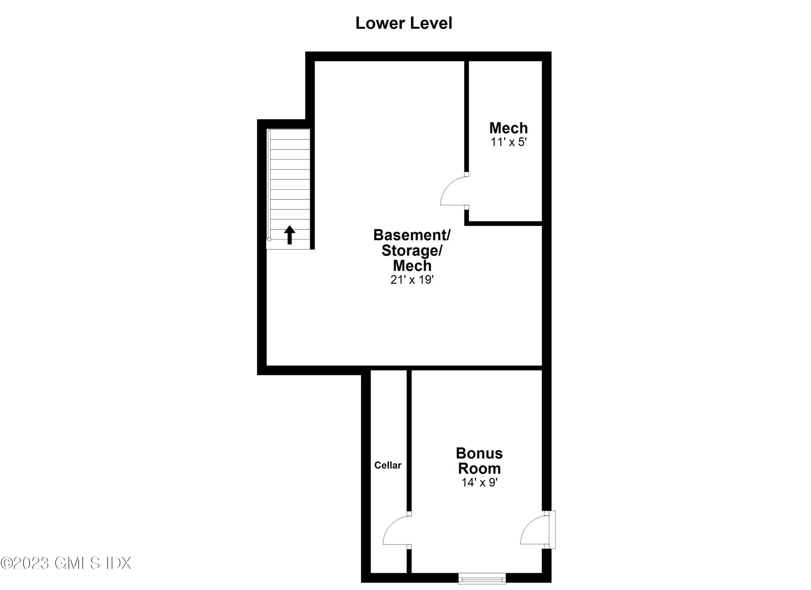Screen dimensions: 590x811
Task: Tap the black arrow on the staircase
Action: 289,235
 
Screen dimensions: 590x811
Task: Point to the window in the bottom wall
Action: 482,578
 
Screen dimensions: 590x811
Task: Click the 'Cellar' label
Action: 388,465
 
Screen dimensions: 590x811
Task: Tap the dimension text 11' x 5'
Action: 508,142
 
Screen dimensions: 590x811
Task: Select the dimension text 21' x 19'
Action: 412,279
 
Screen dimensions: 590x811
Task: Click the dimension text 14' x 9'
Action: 479,482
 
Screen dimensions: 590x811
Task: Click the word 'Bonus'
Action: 479,453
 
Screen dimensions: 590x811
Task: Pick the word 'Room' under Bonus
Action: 479,468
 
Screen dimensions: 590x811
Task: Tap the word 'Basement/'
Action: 412,235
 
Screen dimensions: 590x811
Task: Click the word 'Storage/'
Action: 412,250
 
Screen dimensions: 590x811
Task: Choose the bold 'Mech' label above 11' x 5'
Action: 508,128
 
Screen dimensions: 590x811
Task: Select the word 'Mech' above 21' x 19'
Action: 412,266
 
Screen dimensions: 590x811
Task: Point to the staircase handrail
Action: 269,184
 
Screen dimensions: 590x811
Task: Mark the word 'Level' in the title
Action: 431,23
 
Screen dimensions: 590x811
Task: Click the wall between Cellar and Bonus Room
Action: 409,440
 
